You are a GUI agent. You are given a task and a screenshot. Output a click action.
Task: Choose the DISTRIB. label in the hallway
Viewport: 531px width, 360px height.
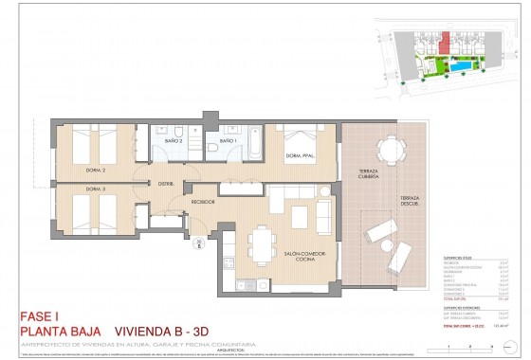pyautogui.click(x=165, y=184)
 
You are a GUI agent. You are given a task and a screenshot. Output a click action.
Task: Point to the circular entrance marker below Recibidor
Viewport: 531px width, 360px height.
pyautogui.click(x=200, y=243)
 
